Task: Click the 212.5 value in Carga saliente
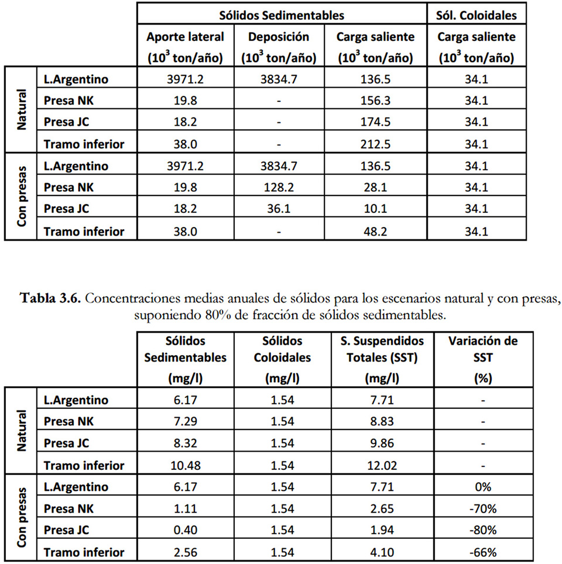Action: pos(375,144)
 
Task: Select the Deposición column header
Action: pos(279,47)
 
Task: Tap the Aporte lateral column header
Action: pos(185,47)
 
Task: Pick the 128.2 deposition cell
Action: pos(279,187)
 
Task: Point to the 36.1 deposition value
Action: pos(279,209)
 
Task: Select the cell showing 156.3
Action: pos(375,101)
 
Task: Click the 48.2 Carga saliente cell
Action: pos(375,231)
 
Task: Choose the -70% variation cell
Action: pos(482,508)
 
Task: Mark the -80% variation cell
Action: pos(482,530)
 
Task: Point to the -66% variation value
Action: pos(482,552)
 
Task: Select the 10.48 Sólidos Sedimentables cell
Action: pos(185,465)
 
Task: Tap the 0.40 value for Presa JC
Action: pos(185,530)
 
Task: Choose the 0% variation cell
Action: pos(482,487)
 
